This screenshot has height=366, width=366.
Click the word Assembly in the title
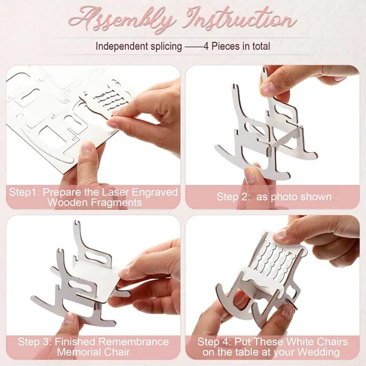[122, 20]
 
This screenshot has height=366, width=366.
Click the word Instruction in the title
[241, 19]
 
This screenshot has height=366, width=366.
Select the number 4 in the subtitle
[206, 46]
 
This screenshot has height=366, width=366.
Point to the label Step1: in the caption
[24, 193]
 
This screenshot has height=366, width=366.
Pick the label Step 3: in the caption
[34, 342]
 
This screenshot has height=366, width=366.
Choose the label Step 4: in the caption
[214, 342]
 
